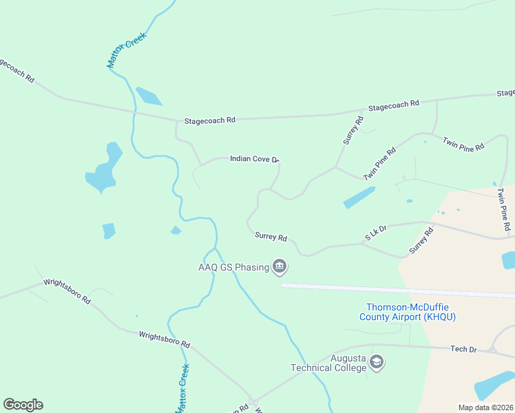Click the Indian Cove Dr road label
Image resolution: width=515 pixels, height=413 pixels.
(x=253, y=159)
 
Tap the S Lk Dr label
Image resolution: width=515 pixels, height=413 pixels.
(x=377, y=233)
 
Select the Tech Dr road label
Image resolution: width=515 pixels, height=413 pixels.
(x=463, y=350)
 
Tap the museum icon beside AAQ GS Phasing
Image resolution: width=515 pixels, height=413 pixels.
(x=279, y=266)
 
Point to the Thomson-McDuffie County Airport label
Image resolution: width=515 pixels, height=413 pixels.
(x=407, y=312)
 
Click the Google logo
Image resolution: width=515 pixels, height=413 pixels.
(x=23, y=405)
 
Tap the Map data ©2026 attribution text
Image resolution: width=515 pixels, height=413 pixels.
(x=485, y=407)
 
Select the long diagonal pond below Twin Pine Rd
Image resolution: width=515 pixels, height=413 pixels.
(x=359, y=198)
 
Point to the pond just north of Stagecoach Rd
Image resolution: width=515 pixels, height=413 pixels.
(x=148, y=96)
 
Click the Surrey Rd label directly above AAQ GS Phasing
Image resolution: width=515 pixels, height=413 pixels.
(x=271, y=237)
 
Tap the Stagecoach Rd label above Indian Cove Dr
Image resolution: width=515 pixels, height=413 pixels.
(x=209, y=120)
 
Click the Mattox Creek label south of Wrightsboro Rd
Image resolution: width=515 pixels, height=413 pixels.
(x=182, y=388)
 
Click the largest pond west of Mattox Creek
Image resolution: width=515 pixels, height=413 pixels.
(x=103, y=169)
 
